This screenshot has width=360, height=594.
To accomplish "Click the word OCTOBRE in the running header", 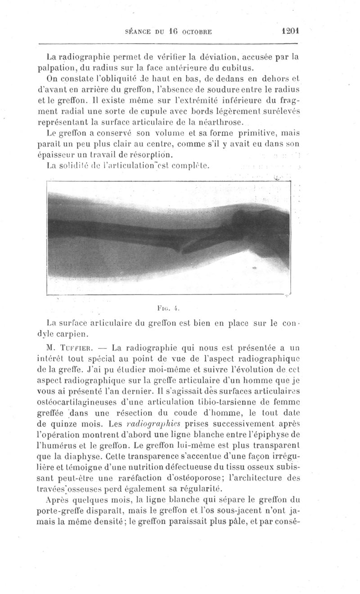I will coord(193,32).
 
